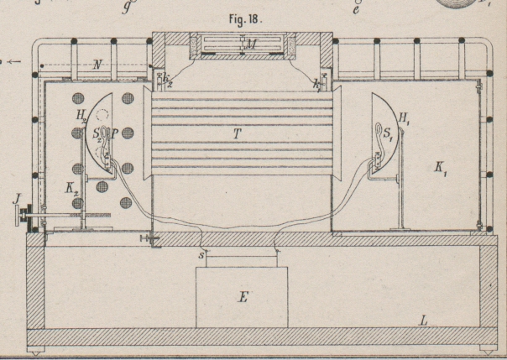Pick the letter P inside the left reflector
[117, 133]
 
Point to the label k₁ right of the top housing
[317, 83]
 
